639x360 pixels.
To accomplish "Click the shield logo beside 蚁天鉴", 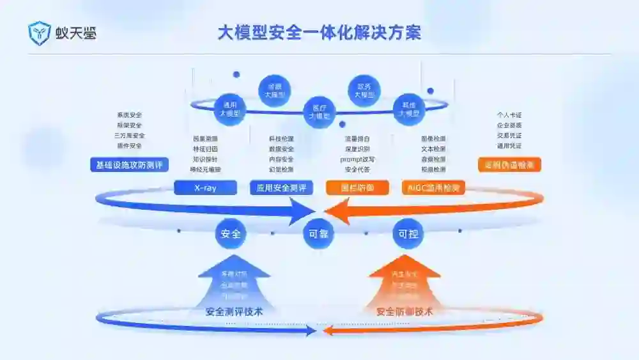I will [x=39, y=33].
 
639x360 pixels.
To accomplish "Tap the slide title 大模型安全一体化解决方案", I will [x=319, y=32].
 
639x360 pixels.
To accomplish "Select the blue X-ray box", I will [x=205, y=188].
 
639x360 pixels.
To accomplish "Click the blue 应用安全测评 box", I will [x=281, y=188].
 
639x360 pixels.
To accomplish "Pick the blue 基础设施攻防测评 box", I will [x=129, y=166].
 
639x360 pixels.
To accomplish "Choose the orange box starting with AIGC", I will [x=433, y=188].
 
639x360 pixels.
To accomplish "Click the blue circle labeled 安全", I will [x=230, y=234].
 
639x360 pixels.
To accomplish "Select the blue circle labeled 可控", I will [x=408, y=234].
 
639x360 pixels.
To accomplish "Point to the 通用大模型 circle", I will [x=230, y=109].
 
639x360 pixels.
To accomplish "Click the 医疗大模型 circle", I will [x=319, y=112].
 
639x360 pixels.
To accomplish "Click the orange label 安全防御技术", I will [x=404, y=312].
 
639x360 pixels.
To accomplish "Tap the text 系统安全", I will [x=129, y=115].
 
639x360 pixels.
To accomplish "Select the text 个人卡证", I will [x=509, y=115].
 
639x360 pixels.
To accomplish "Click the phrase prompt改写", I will [x=357, y=159].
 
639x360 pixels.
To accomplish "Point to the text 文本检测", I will [x=433, y=149].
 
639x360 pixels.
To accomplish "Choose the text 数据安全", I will [x=281, y=149].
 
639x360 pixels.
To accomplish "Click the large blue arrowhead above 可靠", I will [x=300, y=212].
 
